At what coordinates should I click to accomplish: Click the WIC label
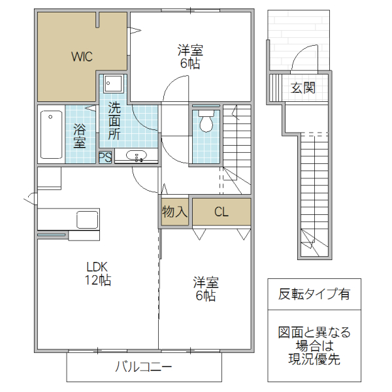[x=82, y=56]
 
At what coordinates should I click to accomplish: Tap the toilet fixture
[x=206, y=121]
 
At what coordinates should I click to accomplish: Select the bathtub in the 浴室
[x=51, y=134]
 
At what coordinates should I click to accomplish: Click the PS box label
[x=105, y=157]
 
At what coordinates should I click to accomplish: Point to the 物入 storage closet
[x=175, y=212]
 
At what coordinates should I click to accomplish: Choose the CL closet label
[x=221, y=212]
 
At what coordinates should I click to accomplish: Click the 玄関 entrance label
[x=303, y=88]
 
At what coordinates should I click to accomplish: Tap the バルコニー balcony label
[x=144, y=367]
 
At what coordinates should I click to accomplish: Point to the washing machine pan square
[x=114, y=85]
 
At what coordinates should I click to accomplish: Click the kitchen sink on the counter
[x=88, y=218]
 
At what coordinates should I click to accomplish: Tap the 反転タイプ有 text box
[x=314, y=294]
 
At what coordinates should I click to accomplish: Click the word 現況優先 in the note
[x=314, y=359]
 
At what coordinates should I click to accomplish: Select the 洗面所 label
[x=114, y=121]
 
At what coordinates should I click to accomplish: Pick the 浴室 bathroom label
[x=80, y=135]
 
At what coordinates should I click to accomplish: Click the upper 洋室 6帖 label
[x=191, y=56]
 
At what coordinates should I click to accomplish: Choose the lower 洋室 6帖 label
[x=205, y=289]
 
